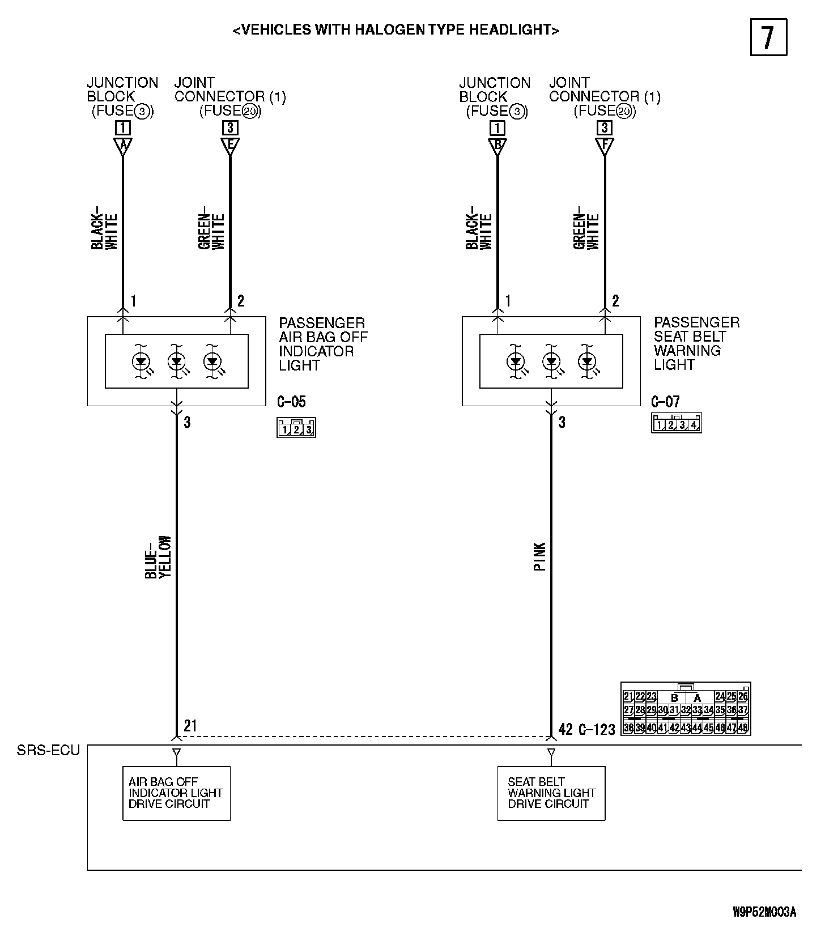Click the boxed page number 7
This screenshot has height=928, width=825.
point(768,37)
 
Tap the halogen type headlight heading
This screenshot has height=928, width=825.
point(396,30)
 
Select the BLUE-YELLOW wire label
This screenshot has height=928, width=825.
point(158,557)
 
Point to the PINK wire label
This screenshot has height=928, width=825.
point(539,556)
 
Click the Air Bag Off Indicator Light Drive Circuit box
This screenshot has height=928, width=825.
point(176,793)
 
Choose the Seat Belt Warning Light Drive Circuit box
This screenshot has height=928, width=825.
point(551,793)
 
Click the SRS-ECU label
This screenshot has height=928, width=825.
point(48,751)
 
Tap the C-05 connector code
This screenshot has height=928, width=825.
point(291,402)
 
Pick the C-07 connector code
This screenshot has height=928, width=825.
point(665,402)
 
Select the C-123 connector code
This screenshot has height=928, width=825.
point(597,729)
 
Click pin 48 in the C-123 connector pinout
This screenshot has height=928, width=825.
point(743,727)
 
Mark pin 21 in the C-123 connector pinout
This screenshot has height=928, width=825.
point(628,696)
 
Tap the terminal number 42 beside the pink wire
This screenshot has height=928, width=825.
point(565,729)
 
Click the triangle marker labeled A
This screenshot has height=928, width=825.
point(122,146)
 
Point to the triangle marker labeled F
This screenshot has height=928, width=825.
point(605,146)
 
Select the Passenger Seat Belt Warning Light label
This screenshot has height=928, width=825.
point(696,343)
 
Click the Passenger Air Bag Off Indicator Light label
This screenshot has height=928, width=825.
point(323,344)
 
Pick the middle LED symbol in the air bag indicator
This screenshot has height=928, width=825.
point(177,360)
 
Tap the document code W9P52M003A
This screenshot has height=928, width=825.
point(764,912)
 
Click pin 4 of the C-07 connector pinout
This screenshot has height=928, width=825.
point(694,424)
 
